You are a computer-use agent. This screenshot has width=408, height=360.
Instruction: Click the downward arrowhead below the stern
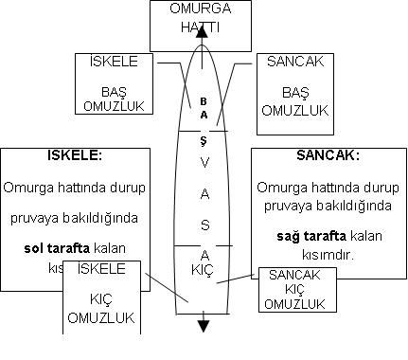(203, 327)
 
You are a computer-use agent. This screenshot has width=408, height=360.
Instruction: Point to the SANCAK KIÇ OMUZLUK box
(296, 288)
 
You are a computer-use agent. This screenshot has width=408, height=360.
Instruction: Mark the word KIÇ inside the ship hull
(203, 269)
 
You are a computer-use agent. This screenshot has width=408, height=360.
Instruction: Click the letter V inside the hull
(203, 162)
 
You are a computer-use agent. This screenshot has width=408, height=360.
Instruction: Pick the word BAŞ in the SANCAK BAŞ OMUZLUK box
(294, 93)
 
